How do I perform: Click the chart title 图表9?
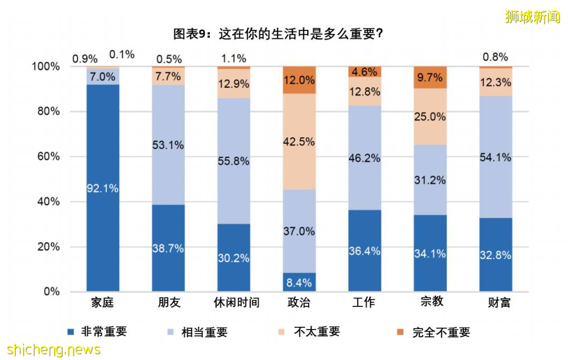278,34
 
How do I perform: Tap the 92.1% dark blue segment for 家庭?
103,188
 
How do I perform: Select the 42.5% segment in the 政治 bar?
299,141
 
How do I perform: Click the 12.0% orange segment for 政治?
299,80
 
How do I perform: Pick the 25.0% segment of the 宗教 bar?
430,117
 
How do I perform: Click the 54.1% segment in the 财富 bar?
495,157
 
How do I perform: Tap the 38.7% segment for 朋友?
168,248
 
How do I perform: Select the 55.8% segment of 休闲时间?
234,161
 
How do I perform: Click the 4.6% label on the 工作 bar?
364,71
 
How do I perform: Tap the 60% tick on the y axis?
48,157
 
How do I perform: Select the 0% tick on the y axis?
51,292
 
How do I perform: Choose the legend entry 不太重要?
317,332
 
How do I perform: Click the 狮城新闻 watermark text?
532,17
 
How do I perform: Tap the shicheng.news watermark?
54,349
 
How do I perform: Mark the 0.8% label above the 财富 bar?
495,57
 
